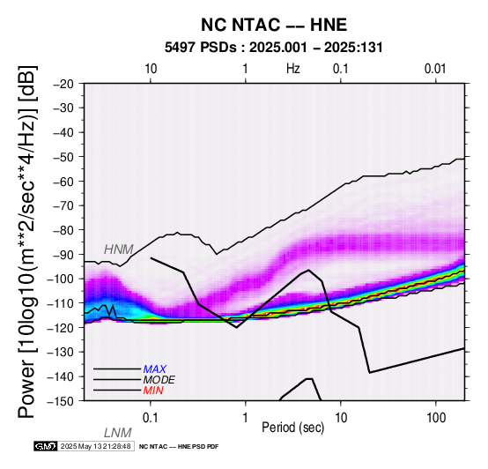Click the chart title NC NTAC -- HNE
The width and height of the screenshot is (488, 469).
(x=274, y=25)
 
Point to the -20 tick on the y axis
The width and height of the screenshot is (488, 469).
(x=63, y=84)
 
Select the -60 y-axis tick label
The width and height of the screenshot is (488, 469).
(x=63, y=182)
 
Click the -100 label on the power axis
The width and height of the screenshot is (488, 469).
(x=61, y=279)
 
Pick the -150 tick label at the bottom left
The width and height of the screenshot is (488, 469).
(x=61, y=401)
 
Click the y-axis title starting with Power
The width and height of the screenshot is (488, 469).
(x=27, y=242)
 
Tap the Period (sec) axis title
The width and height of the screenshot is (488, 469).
(x=292, y=428)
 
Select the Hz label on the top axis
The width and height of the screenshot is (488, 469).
(x=292, y=69)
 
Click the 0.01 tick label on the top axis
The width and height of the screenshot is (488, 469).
(x=435, y=69)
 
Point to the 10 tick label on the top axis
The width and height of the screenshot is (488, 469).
(x=151, y=69)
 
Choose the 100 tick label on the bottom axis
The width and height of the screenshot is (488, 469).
(x=436, y=418)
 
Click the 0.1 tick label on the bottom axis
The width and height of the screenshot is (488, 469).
(x=151, y=418)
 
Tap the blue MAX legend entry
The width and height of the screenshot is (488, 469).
(x=155, y=369)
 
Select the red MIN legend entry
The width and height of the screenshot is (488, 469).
(x=153, y=391)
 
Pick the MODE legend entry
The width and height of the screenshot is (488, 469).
(x=159, y=380)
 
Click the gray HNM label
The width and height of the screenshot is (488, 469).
(x=119, y=249)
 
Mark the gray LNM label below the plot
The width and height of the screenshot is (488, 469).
(x=118, y=433)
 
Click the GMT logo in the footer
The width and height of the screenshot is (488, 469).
(x=46, y=446)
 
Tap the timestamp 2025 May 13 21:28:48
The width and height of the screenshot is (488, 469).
(x=95, y=446)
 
